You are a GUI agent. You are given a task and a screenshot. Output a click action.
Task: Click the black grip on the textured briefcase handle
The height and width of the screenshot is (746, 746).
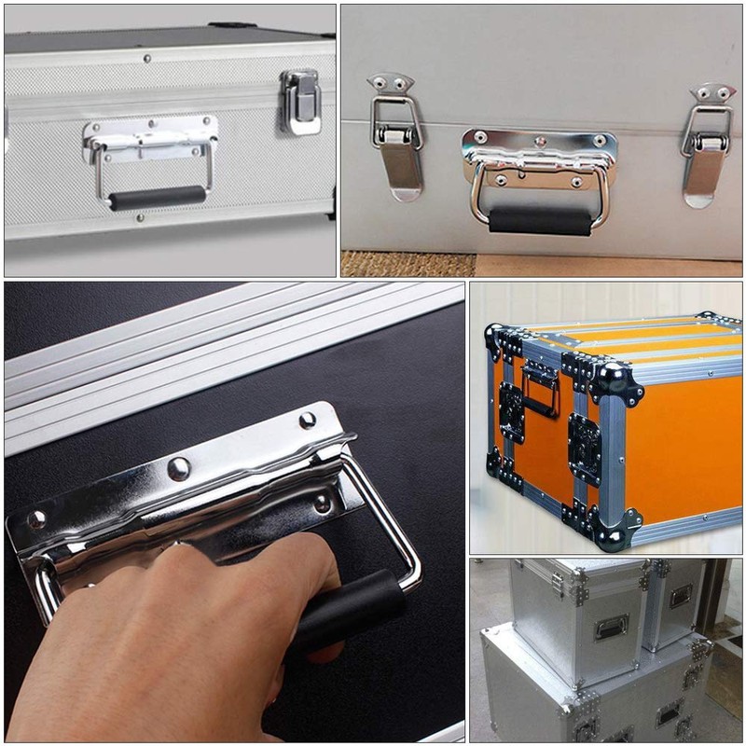coord(157,198)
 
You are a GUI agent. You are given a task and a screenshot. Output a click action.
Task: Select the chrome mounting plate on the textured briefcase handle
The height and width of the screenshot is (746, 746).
coord(149,135)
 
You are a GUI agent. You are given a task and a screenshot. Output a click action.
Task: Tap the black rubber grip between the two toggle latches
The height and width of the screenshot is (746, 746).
coord(540,220)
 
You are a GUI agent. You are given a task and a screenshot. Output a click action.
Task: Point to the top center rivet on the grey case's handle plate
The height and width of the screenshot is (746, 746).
coord(540,143)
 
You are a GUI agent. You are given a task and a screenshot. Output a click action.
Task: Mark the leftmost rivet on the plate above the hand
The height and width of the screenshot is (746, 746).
coord(36,519)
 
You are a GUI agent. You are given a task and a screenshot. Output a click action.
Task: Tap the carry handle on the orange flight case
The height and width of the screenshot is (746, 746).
coord(541,387)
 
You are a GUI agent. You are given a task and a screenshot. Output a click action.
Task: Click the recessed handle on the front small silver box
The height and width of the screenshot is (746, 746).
coord(611,627)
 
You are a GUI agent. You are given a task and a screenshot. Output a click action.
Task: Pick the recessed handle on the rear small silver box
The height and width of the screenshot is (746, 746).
coord(681,596)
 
